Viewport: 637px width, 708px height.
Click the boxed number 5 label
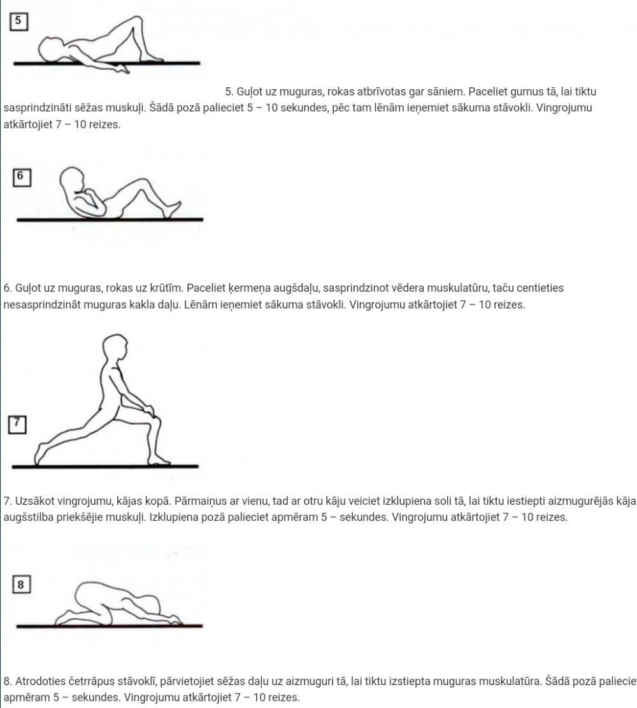point(18,21)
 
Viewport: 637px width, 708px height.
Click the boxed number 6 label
point(22,177)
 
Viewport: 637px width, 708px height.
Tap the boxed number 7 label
point(17,425)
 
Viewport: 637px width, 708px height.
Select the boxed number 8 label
point(21,584)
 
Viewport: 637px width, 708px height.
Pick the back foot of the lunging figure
point(41,454)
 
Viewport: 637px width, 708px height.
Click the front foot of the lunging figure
point(158,460)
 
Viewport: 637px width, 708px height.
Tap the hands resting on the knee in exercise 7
point(147,409)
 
